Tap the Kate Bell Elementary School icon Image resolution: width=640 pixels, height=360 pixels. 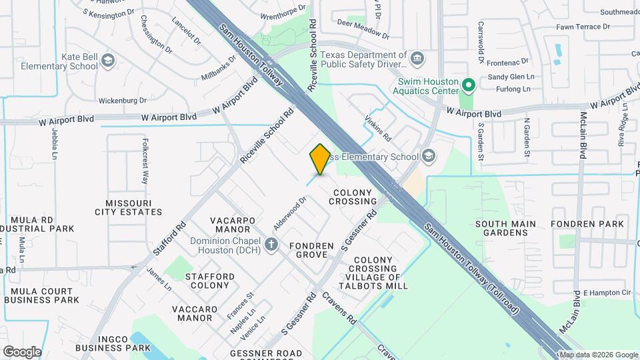click(107, 62)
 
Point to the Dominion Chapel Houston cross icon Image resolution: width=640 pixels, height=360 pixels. click(271, 245)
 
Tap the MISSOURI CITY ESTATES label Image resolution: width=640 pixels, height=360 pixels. click(133, 207)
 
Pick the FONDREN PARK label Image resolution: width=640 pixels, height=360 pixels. click(588, 223)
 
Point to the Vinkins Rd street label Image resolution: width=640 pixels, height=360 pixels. click(377, 127)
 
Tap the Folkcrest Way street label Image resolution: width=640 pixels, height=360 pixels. click(145, 161)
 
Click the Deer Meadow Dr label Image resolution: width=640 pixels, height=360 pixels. click(363, 29)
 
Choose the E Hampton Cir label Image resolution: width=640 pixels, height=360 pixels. click(607, 293)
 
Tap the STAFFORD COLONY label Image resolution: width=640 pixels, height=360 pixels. click(209, 281)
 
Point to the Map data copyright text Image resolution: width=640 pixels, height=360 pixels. click(597, 355)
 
